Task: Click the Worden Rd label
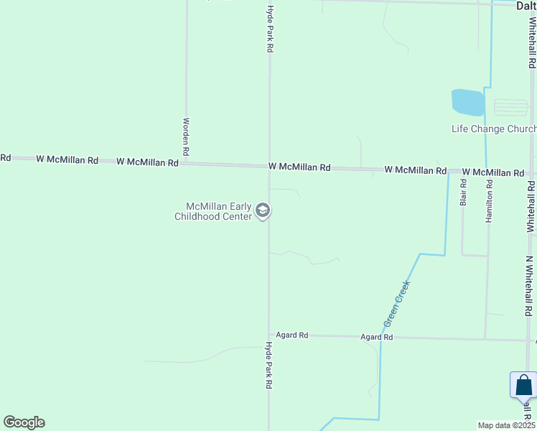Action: (x=186, y=137)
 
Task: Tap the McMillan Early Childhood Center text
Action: (x=214, y=211)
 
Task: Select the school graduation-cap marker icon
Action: (x=263, y=210)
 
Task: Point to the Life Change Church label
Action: (x=493, y=129)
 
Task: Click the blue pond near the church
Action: (x=467, y=103)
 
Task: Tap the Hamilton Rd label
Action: (x=489, y=200)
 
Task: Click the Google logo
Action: (x=24, y=422)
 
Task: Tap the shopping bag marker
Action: (x=524, y=386)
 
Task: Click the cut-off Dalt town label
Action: (x=526, y=6)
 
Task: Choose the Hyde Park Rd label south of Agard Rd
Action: (x=268, y=365)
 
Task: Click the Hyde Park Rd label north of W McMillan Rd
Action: (x=270, y=29)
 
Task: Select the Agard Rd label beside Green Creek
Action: (x=377, y=336)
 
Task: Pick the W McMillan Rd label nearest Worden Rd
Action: (x=147, y=162)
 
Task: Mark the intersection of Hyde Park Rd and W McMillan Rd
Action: (x=269, y=166)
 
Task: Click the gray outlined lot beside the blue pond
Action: (x=510, y=108)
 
